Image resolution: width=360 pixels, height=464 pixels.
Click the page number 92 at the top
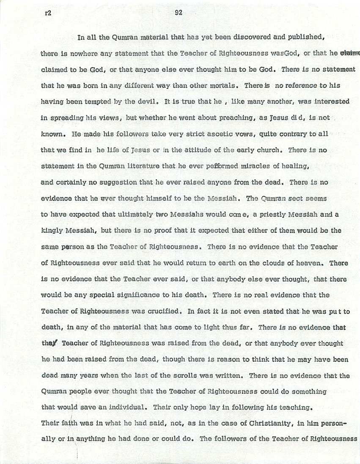pyautogui.click(x=178, y=13)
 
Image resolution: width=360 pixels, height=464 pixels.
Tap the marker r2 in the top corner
pyautogui.click(x=48, y=13)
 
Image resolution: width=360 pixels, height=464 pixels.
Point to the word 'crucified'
pyautogui.click(x=162, y=311)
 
